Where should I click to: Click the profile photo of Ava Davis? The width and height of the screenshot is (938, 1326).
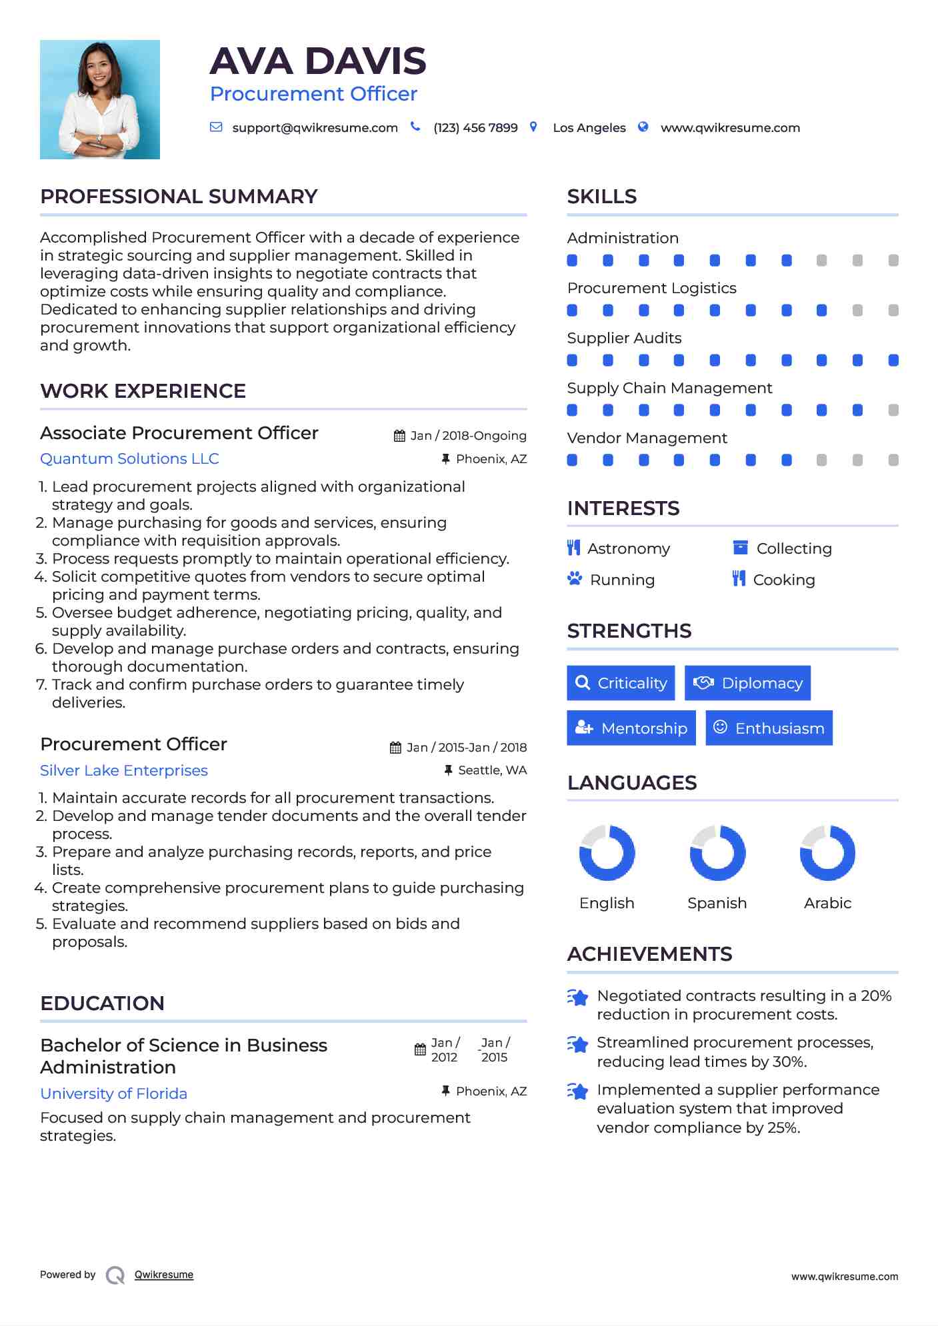pos(100,100)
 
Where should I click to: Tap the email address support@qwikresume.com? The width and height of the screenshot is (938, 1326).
pos(315,128)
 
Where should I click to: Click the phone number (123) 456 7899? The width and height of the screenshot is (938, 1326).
pos(475,128)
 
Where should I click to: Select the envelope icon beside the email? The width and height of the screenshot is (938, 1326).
pos(216,127)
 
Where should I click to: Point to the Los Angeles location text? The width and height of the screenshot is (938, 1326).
pos(589,128)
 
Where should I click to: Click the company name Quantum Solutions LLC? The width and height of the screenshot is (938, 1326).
pos(129,459)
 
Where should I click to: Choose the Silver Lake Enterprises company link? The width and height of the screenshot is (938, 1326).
pos(124,771)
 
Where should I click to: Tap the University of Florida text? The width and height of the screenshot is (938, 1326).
pos(114,1094)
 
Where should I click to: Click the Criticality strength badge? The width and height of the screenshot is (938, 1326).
pos(621,683)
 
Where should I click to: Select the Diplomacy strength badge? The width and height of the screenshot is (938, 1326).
pos(747,683)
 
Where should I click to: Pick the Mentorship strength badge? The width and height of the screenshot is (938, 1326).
pos(631,728)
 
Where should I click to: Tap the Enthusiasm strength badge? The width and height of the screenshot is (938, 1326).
pos(769,728)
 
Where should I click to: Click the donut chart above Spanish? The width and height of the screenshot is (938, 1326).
pos(717,853)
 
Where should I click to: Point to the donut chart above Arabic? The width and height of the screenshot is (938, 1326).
pos(827,853)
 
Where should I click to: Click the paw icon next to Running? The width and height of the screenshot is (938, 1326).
pos(575,578)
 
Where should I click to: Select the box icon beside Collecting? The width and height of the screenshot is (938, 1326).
pos(740,548)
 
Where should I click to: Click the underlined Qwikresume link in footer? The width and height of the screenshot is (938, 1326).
pos(164,1275)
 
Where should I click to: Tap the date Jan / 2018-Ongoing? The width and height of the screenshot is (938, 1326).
pos(468,436)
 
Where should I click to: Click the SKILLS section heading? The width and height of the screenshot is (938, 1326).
pos(602,197)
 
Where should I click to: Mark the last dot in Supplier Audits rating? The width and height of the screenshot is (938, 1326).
pos(893,360)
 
